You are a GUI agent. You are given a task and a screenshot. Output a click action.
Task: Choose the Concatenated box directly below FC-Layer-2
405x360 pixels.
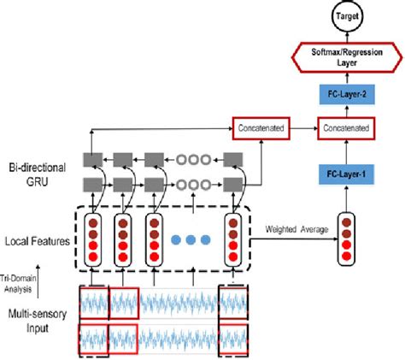[x=345, y=128]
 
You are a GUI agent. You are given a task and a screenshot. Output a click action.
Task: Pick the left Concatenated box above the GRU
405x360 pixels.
[x=261, y=128]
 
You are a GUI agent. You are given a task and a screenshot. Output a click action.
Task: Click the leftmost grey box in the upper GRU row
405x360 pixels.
[x=91, y=159]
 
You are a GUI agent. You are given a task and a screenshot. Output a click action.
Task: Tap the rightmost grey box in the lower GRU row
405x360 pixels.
[x=232, y=184]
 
